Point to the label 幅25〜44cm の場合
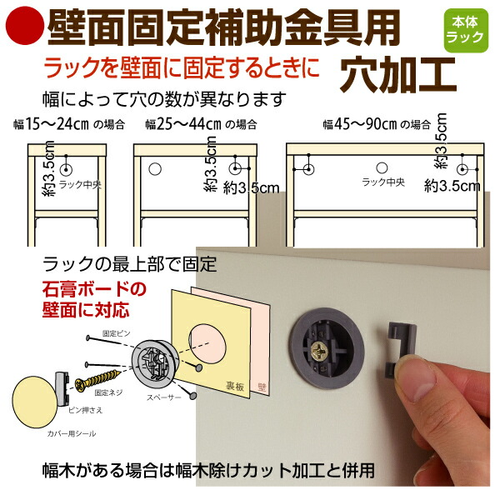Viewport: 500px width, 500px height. tap(188, 125)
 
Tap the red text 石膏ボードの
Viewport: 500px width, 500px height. tap(94, 291)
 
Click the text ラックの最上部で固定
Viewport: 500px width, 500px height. tap(129, 266)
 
